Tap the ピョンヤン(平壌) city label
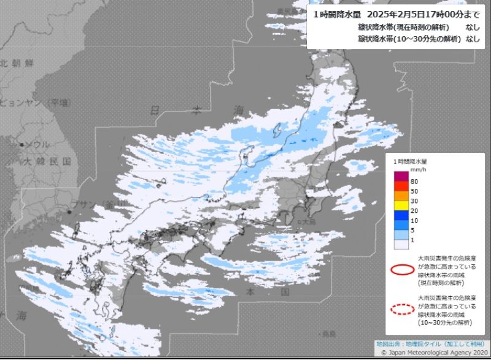coord(34,102)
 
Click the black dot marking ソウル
coord(22,145)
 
